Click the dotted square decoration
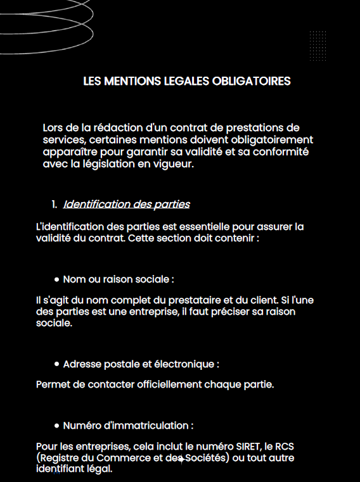318,46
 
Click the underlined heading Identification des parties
126,204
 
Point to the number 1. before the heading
54,204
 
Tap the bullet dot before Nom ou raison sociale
57,279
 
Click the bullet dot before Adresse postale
57,364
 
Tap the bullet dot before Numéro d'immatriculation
57,426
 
